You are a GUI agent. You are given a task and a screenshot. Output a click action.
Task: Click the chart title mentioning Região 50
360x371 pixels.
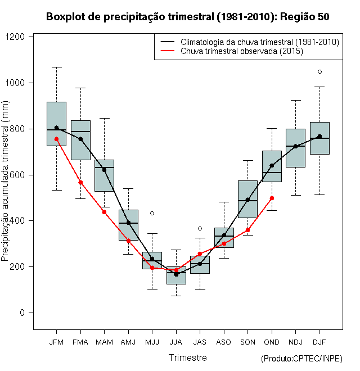point(187,17)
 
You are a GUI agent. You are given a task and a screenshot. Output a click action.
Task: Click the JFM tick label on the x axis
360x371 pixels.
point(56,342)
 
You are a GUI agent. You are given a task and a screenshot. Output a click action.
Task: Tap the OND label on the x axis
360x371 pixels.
point(272,342)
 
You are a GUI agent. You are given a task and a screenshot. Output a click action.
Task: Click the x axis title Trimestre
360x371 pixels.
point(188,358)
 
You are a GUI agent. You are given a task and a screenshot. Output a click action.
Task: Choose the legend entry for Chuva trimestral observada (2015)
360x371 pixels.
point(242,51)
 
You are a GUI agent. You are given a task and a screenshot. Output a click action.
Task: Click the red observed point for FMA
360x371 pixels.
point(80,182)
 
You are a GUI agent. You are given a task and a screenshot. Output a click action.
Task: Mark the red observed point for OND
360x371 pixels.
point(272,198)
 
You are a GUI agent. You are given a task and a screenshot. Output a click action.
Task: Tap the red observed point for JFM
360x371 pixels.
point(56,139)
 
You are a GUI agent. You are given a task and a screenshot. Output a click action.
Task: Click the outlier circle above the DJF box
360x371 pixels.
point(319,71)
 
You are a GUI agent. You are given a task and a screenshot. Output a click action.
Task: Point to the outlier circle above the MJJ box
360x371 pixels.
point(152,213)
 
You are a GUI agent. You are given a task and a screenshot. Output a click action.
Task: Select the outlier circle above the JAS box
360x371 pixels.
point(200,228)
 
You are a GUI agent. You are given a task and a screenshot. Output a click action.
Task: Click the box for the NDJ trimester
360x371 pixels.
point(295,148)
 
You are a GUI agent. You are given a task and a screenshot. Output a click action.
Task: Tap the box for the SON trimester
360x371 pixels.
point(247,199)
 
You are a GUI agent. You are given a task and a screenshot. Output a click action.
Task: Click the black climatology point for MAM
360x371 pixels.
point(104,170)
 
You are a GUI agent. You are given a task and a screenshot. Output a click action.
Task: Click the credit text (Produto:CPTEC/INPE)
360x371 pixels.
point(301,359)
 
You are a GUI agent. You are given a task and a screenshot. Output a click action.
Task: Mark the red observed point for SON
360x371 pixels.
point(247,230)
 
